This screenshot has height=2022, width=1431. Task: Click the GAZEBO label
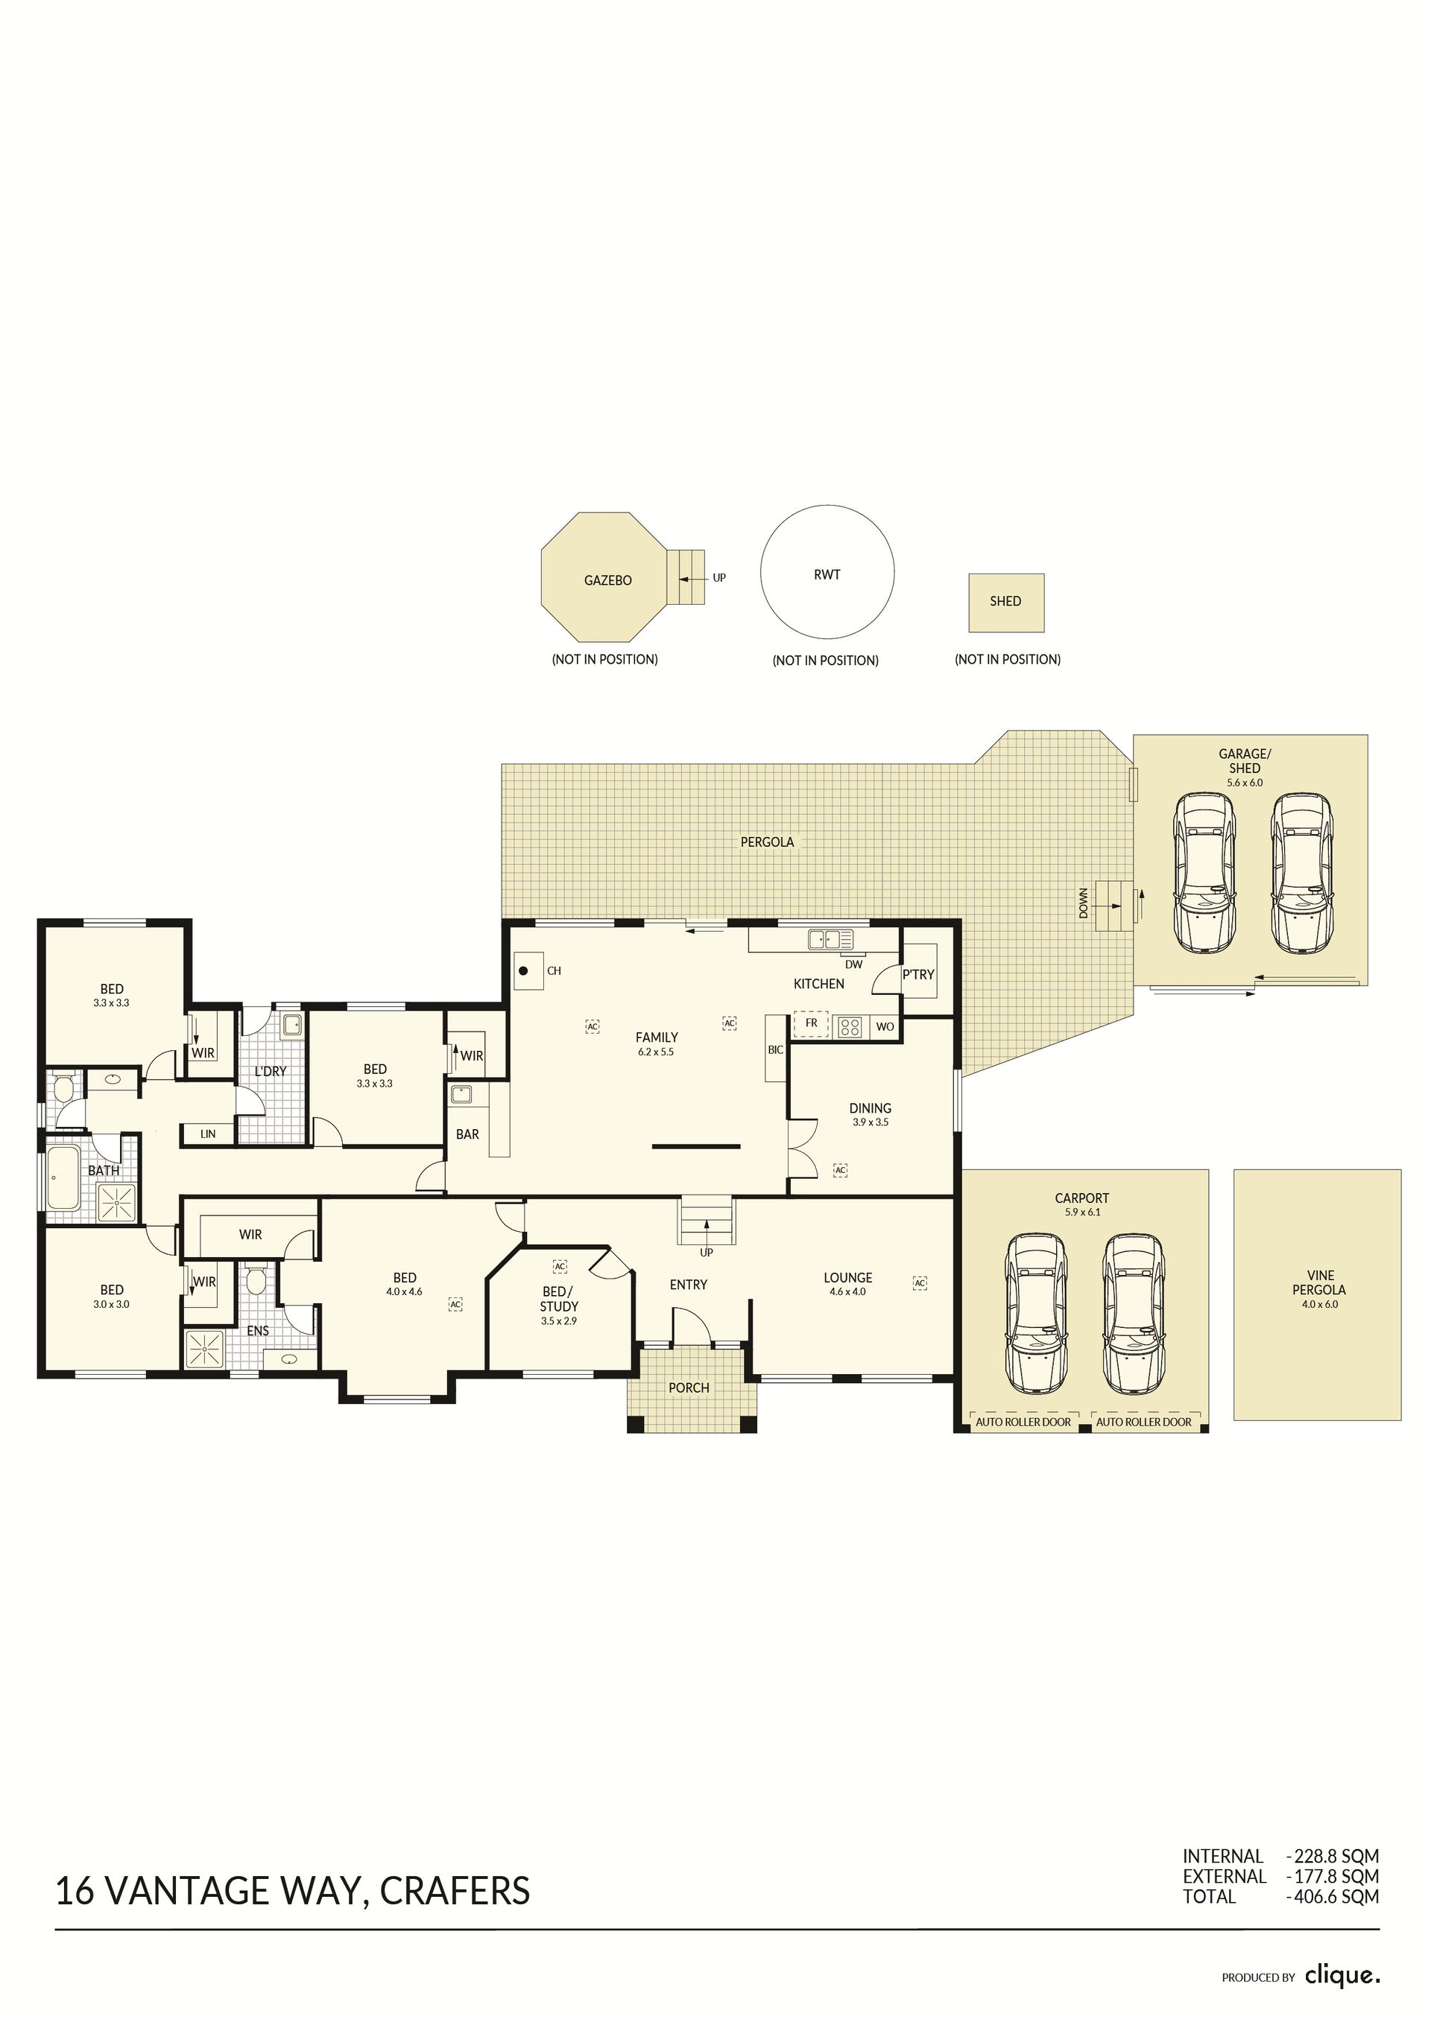608,580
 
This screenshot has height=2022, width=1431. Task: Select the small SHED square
1006,603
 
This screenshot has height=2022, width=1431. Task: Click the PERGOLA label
767,842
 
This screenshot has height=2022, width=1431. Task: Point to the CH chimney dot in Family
523,971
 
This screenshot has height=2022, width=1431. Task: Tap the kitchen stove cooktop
850,1026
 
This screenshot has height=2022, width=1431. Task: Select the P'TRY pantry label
918,974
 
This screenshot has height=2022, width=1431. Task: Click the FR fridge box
812,1024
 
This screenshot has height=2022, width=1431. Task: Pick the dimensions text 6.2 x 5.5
657,1052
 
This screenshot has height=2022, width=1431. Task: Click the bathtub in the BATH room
63,1177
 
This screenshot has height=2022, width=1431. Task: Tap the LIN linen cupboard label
208,1134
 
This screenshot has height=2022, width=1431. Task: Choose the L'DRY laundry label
271,1072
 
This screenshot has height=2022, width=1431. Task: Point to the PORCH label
689,1388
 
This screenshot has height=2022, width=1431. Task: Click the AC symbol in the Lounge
920,1283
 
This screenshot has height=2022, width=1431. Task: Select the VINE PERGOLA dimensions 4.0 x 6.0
1320,1304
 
